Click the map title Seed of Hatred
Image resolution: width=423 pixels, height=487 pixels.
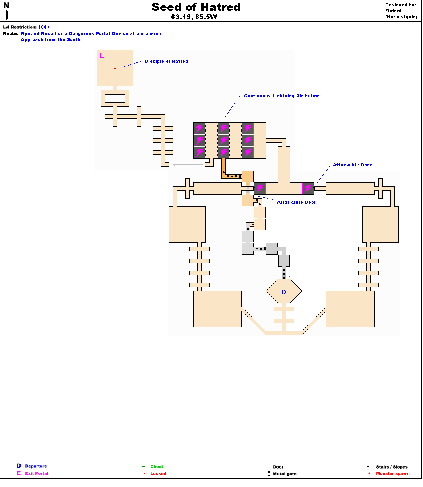point(196,7)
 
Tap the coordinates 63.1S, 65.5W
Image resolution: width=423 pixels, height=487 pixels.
point(196,17)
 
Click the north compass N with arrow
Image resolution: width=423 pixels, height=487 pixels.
point(6,10)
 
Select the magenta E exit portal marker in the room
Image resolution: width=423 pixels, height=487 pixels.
point(102,55)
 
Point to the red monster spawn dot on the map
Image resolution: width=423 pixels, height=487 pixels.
point(115,68)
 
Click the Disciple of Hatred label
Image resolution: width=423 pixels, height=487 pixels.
point(166,62)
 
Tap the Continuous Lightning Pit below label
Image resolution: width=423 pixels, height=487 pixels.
point(281,96)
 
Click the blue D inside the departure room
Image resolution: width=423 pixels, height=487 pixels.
point(284,292)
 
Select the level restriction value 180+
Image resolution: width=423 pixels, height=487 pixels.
point(44,27)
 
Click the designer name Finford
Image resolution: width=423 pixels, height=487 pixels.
point(393,11)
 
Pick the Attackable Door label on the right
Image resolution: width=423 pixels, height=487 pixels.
point(352,165)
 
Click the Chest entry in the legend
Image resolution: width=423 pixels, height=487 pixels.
point(157,466)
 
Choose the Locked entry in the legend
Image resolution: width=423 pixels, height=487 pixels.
point(158,473)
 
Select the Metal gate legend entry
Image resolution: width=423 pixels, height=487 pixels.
point(285,474)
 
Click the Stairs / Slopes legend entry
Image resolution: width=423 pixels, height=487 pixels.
point(392,467)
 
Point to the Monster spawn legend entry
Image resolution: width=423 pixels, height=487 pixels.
point(392,473)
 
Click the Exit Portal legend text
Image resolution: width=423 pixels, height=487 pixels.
point(37,473)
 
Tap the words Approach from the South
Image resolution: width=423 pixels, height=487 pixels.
point(51,40)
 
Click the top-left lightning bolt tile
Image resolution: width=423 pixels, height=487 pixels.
point(200,129)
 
